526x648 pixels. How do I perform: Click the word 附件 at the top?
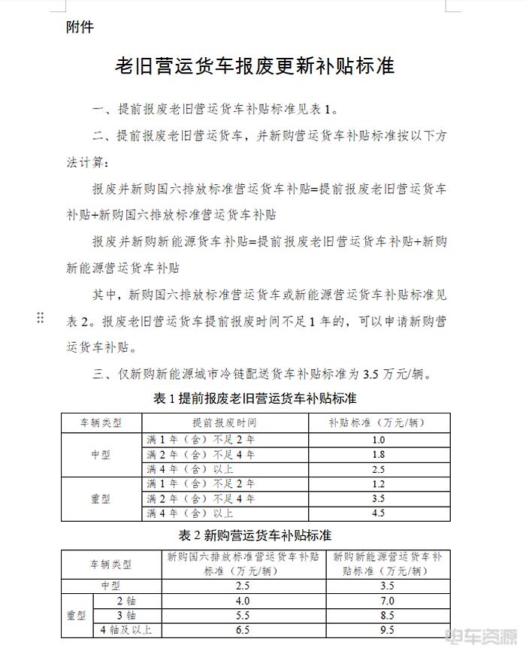[x=80, y=27]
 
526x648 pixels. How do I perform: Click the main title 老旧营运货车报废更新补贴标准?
[x=254, y=66]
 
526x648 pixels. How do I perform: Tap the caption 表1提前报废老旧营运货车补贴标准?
[x=255, y=398]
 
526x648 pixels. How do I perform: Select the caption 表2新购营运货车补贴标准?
[x=255, y=535]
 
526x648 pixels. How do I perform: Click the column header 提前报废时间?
[x=224, y=422]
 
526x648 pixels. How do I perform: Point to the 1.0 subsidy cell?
[x=378, y=440]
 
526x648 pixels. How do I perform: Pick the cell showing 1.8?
[x=378, y=455]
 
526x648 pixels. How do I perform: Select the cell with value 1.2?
[x=378, y=484]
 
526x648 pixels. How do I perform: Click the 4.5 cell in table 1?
[x=378, y=513]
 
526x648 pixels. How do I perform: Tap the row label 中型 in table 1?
[x=101, y=455]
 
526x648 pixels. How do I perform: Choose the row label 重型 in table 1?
[x=101, y=498]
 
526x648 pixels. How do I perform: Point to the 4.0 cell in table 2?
[x=243, y=601]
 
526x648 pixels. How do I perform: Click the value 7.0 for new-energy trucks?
[x=388, y=601]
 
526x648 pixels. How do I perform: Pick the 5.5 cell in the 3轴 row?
[x=243, y=615]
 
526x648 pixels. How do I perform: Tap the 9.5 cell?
[x=388, y=630]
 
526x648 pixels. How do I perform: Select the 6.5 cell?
[x=243, y=630]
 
